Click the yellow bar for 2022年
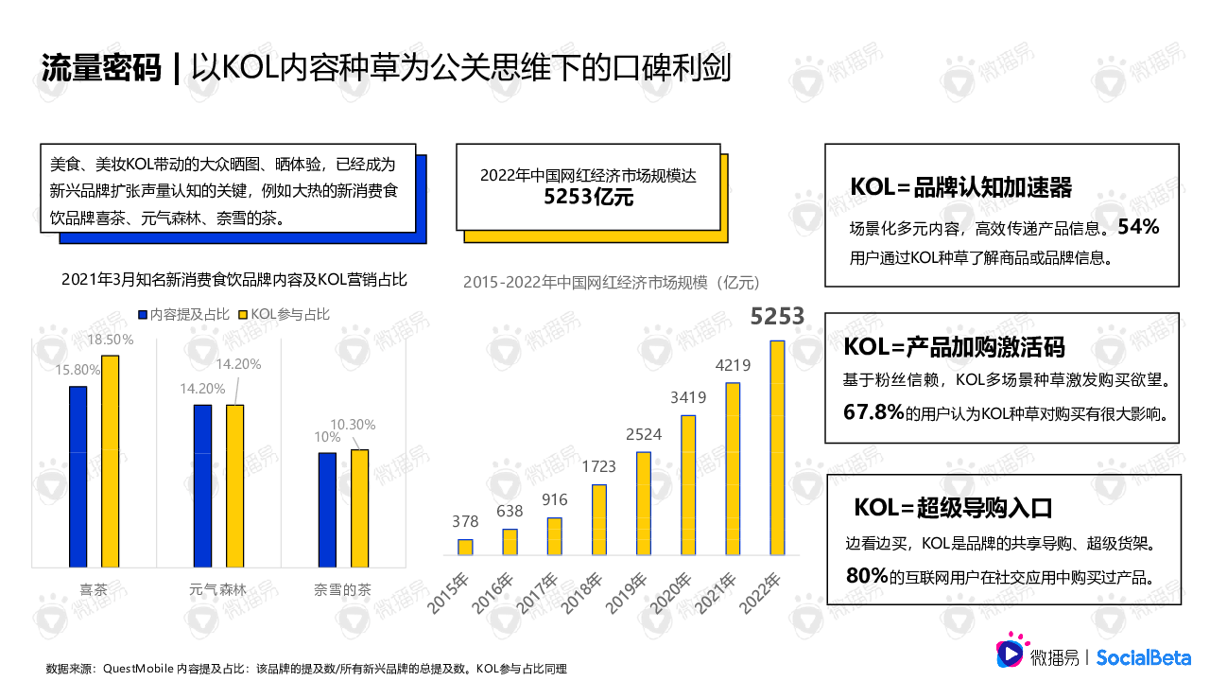777,447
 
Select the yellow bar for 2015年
465,547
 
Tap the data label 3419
688,397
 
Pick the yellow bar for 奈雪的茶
359,509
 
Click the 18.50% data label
111,340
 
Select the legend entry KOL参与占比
284,314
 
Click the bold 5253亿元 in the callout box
588,198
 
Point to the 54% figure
1138,228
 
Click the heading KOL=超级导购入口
953,508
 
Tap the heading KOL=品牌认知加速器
961,187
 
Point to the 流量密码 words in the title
101,68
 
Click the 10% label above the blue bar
327,437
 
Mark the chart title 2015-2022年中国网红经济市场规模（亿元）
612,282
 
